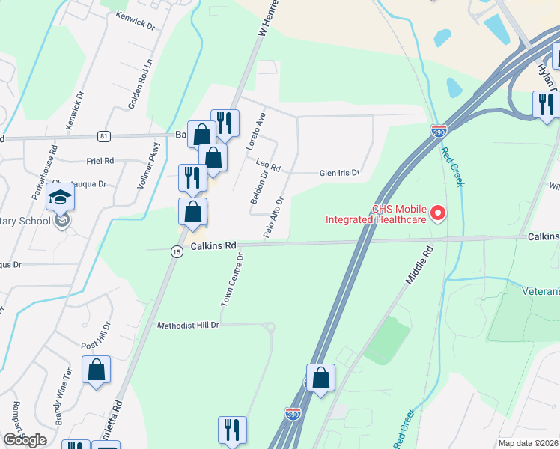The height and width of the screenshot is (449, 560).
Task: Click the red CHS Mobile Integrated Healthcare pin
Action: point(438,213)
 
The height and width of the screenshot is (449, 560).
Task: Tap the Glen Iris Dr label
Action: point(340,173)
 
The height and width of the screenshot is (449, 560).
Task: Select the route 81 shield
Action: point(103,136)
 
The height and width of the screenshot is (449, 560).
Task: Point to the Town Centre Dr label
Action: point(232,281)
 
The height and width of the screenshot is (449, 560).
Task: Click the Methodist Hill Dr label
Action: point(188,325)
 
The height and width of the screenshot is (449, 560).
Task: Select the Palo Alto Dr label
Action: point(274,217)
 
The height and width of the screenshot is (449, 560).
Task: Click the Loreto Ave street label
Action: point(256,132)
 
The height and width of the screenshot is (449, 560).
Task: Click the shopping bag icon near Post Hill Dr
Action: point(97,370)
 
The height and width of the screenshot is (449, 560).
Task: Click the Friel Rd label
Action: point(100,160)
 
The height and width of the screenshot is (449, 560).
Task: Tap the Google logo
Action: point(25,440)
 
